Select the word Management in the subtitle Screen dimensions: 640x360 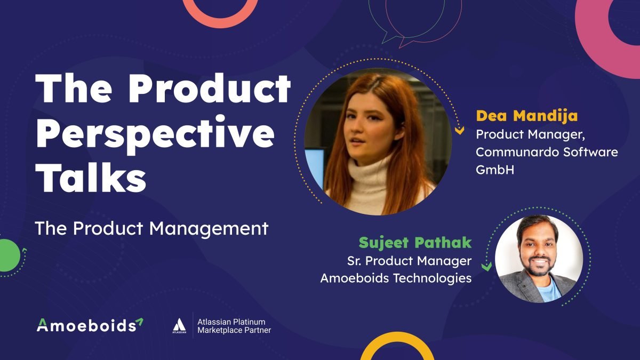pos(209,229)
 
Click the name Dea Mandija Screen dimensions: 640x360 pos(527,116)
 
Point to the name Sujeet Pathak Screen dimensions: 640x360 pos(415,243)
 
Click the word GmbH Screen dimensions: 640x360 pos(495,170)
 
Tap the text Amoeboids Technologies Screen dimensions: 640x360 pos(396,278)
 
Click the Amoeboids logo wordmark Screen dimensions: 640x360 pos(90,325)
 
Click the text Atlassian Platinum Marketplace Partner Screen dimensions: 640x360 pos(234,326)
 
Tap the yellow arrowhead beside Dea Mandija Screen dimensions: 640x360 pos(459,131)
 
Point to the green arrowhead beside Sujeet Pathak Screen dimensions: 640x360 pos(486,267)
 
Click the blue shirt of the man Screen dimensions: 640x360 pos(550,290)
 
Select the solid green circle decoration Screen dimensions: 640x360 pos(8,255)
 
